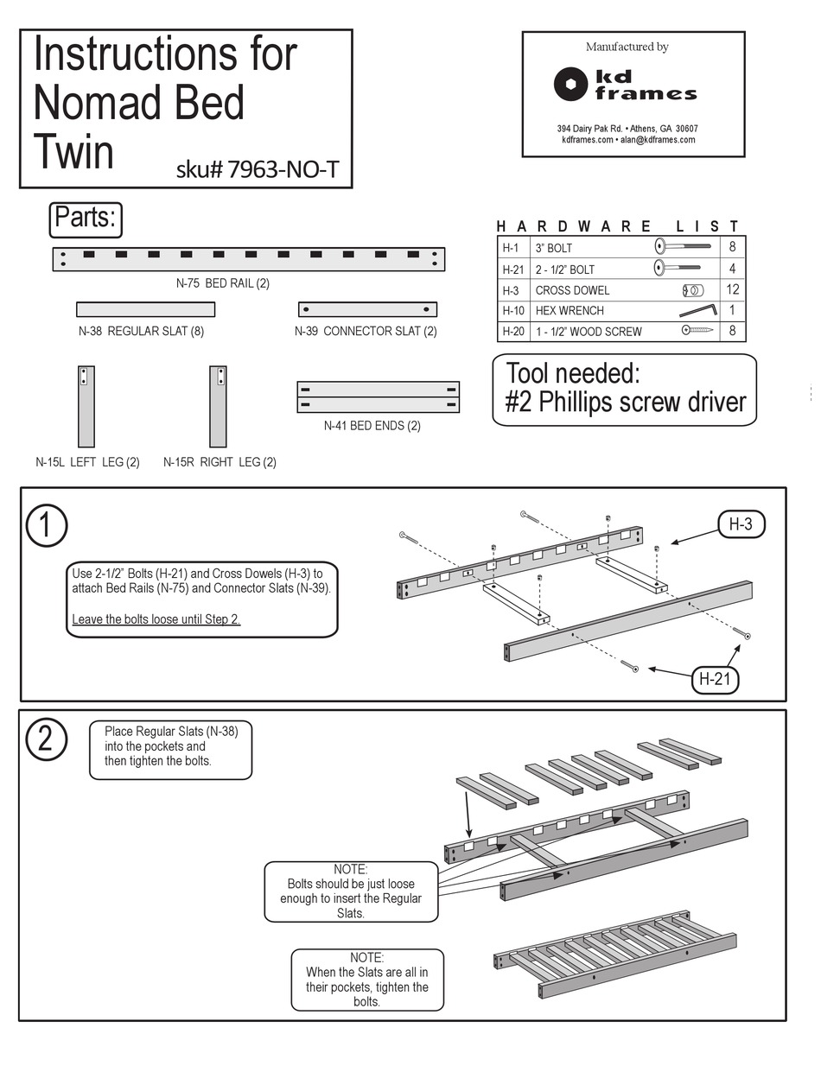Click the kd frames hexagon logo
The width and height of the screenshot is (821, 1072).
pyautogui.click(x=571, y=84)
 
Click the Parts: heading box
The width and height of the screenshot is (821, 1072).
pyautogui.click(x=85, y=219)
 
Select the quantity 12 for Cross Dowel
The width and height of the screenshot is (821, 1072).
pyautogui.click(x=732, y=289)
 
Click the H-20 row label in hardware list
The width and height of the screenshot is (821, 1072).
pyautogui.click(x=512, y=331)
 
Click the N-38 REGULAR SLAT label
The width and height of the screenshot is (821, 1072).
pyautogui.click(x=141, y=331)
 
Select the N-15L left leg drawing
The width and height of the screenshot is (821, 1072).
pyautogui.click(x=85, y=406)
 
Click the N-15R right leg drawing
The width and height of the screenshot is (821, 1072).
pyautogui.click(x=218, y=406)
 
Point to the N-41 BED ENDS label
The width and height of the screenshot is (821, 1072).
pyautogui.click(x=372, y=426)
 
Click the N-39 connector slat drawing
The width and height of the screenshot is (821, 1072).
pyautogui.click(x=367, y=309)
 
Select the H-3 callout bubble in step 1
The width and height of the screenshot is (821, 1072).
pyautogui.click(x=741, y=523)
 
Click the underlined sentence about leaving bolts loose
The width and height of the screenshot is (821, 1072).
pyautogui.click(x=156, y=618)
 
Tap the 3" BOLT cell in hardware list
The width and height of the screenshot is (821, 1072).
pyautogui.click(x=553, y=248)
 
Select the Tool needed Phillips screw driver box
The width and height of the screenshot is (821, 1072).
pyautogui.click(x=624, y=390)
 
